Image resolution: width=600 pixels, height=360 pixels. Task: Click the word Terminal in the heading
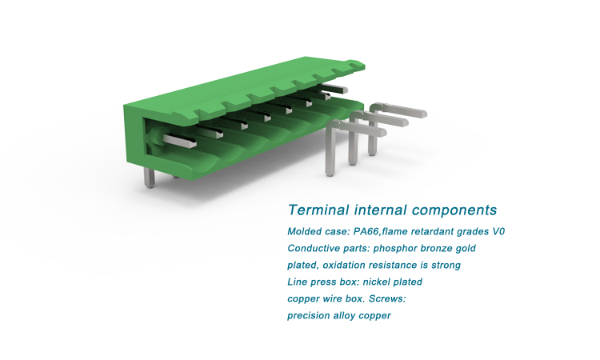click(x=318, y=210)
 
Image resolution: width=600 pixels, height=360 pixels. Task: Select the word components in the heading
click(x=454, y=210)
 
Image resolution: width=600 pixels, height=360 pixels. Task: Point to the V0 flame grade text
click(x=498, y=231)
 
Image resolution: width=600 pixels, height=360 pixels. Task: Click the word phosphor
click(x=395, y=249)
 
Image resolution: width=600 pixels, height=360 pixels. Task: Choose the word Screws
click(x=387, y=298)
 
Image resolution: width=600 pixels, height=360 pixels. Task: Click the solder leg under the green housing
click(x=150, y=178)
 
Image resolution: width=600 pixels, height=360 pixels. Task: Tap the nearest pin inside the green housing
click(x=178, y=140)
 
